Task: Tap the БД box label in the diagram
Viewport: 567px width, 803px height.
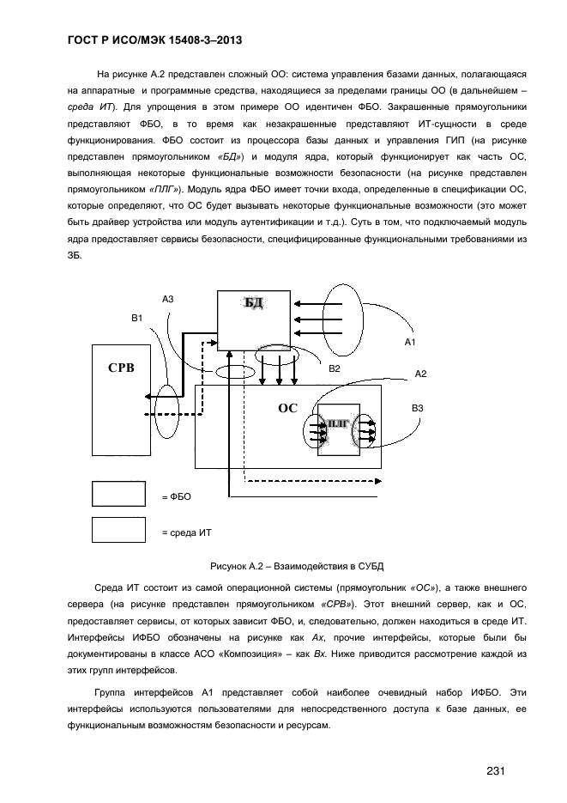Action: pyautogui.click(x=254, y=303)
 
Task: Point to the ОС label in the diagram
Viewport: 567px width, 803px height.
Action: pyautogui.click(x=287, y=408)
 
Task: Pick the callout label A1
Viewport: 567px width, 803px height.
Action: pyautogui.click(x=410, y=342)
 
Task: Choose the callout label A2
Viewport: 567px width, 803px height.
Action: pyautogui.click(x=420, y=374)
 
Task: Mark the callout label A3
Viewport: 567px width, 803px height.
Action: pyautogui.click(x=168, y=298)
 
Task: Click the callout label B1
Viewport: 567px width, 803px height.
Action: pyautogui.click(x=137, y=318)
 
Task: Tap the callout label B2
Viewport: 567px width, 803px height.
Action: pyautogui.click(x=335, y=368)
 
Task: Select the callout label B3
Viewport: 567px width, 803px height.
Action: pyautogui.click(x=418, y=408)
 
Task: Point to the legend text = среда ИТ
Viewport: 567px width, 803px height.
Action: pyautogui.click(x=186, y=532)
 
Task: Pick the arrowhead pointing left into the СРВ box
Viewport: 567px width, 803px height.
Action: pyautogui.click(x=150, y=396)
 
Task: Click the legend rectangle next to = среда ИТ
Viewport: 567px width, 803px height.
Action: pyautogui.click(x=118, y=531)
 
